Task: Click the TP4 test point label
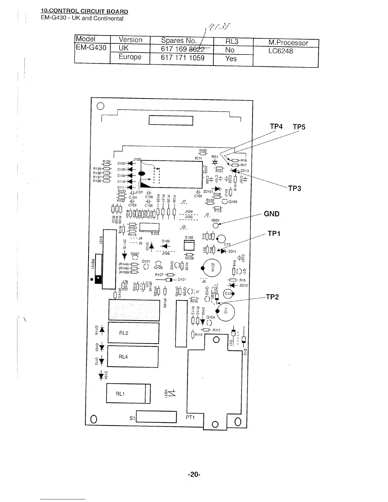[276, 126]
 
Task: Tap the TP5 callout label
[299, 127]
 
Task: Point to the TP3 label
[294, 188]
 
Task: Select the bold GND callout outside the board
[272, 214]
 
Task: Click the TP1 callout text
[275, 234]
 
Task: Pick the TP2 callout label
[272, 297]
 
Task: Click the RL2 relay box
[133, 332]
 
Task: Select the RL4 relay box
[133, 357]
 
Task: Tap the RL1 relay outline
[128, 394]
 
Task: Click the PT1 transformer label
[190, 417]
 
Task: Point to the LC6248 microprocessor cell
[281, 51]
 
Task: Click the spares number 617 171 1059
[183, 58]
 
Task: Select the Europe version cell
[130, 57]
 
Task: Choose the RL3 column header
[232, 42]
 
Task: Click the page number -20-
[194, 474]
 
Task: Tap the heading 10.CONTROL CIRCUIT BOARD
[84, 12]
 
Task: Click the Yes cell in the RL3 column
[231, 59]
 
